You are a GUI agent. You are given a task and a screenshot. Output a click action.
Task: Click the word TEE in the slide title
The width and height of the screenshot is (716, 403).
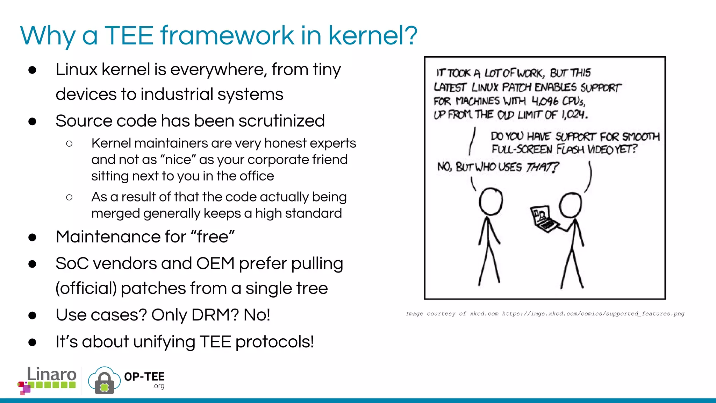[129, 35]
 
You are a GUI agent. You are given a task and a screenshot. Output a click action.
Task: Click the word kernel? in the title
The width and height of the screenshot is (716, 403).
[373, 35]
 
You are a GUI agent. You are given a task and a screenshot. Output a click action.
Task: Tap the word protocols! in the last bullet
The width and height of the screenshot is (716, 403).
[274, 342]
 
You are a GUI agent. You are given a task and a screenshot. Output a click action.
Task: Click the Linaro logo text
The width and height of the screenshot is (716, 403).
[51, 374]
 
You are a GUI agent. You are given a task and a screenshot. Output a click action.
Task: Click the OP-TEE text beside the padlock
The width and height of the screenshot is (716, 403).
[144, 377]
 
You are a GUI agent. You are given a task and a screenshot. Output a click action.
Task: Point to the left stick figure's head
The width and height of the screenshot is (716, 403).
[491, 201]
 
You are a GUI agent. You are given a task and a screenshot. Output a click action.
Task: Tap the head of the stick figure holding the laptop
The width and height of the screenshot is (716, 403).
[571, 205]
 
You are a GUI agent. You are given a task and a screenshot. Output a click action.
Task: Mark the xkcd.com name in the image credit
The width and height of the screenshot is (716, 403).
[484, 314]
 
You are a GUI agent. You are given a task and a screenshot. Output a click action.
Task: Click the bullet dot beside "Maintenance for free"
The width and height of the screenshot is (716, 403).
[33, 238]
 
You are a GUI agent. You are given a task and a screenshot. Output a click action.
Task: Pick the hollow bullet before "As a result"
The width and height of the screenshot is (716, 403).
[69, 198]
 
